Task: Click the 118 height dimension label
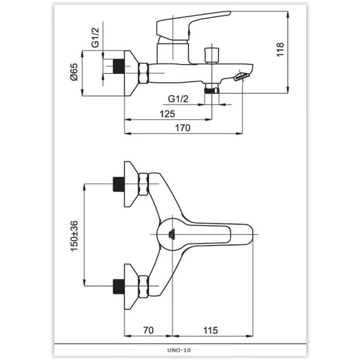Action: coord(280,49)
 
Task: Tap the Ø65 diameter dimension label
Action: coord(74,72)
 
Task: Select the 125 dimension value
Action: coord(167,114)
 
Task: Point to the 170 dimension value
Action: coord(183,128)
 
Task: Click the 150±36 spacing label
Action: coord(74,236)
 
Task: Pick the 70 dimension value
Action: coord(148,330)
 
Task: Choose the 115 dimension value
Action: coord(211,330)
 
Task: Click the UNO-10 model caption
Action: coord(179,350)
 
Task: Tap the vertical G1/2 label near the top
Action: coord(95,37)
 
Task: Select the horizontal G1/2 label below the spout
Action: coord(178,99)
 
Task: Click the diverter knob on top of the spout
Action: coord(211,55)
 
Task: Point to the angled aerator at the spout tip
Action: coord(241,76)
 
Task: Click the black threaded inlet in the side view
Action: coord(119,66)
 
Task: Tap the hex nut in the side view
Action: coord(143,73)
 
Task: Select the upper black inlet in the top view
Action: coord(119,184)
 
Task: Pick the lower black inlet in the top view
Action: coord(119,287)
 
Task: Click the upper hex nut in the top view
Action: coord(143,184)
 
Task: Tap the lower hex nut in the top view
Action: coord(143,287)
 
